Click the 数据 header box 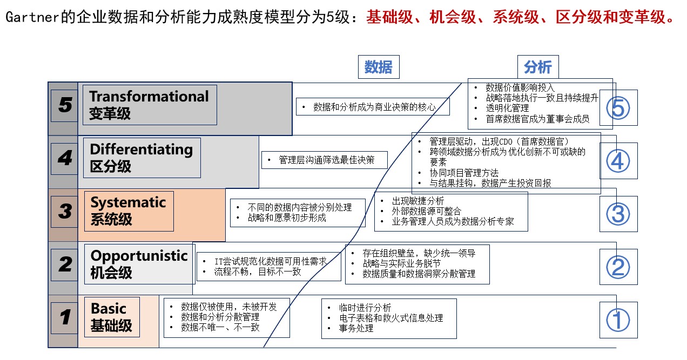click(x=378, y=67)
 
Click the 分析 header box click(x=537, y=67)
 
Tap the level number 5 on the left click(x=65, y=105)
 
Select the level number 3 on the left click(x=65, y=211)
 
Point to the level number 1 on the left click(x=65, y=317)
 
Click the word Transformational click(x=149, y=97)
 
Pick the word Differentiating click(x=141, y=150)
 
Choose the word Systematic click(x=128, y=202)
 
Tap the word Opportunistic click(x=139, y=255)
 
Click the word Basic click(x=108, y=309)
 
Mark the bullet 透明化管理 click(x=507, y=108)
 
